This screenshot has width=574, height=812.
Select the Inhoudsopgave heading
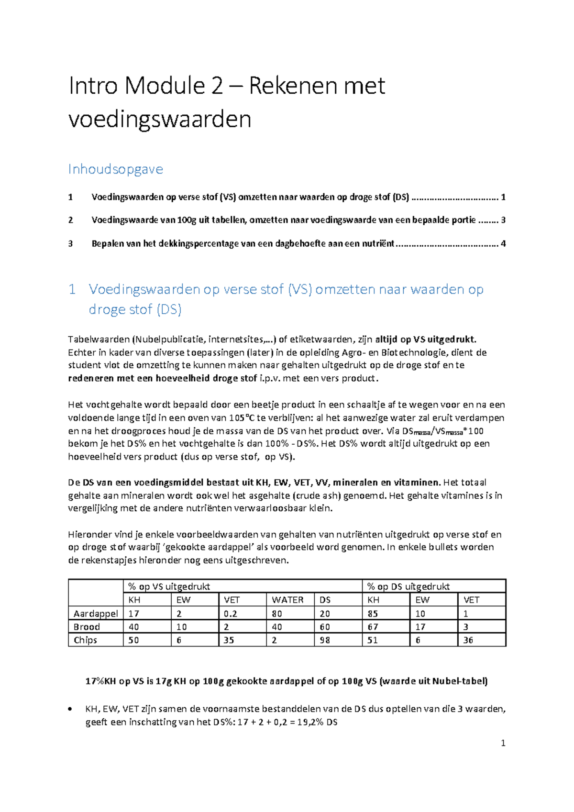(115, 169)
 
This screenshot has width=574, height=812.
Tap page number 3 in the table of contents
(503, 220)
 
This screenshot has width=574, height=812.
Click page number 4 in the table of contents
(503, 243)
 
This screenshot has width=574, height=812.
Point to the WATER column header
(287, 600)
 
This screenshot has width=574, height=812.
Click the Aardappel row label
(96, 614)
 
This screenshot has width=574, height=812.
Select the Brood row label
(87, 627)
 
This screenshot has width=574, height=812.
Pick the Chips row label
(85, 640)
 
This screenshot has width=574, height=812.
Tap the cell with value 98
(325, 640)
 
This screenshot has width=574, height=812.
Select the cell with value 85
(373, 614)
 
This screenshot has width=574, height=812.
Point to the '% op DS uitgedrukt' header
(408, 586)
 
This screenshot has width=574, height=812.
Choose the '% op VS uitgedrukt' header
(169, 586)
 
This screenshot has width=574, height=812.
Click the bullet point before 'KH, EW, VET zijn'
(71, 709)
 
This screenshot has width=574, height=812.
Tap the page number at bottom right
(503, 743)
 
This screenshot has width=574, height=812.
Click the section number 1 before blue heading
(72, 289)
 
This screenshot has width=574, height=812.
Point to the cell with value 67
(373, 627)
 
